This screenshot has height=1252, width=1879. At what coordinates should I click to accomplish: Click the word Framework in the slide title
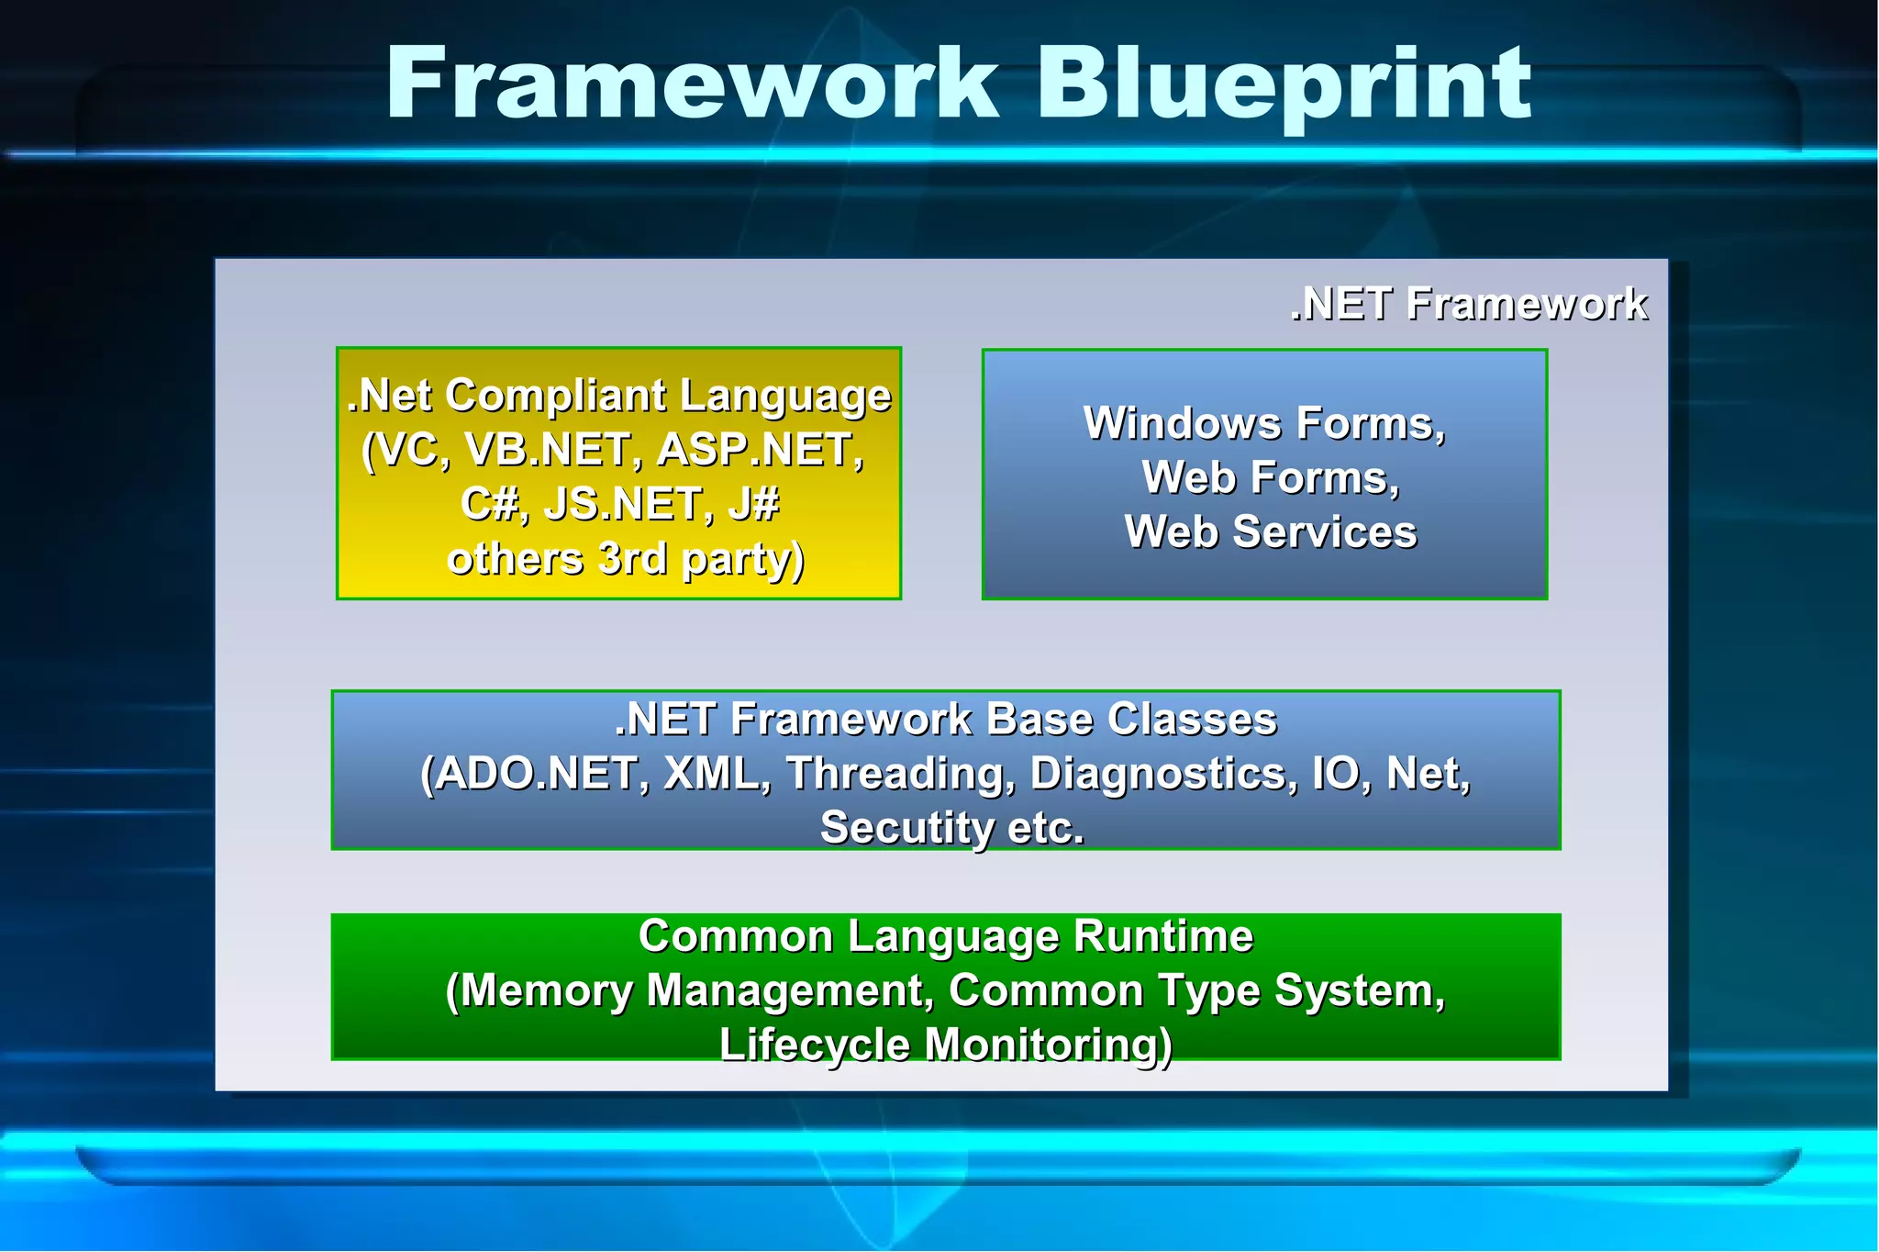[x=693, y=84]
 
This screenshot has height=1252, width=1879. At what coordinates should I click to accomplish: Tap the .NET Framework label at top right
[x=1468, y=304]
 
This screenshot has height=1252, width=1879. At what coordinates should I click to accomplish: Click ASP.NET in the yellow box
[x=761, y=450]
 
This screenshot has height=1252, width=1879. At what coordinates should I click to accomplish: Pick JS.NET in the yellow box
[x=628, y=504]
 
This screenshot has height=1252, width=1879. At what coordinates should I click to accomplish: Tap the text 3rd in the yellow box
[x=632, y=559]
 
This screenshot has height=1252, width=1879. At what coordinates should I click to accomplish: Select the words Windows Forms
[x=1263, y=424]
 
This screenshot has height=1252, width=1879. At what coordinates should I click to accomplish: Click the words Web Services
[x=1271, y=532]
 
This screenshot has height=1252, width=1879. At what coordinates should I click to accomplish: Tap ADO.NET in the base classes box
[x=535, y=774]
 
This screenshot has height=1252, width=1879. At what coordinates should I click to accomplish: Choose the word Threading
[x=900, y=774]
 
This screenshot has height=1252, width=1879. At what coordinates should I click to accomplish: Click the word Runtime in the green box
[x=1163, y=937]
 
